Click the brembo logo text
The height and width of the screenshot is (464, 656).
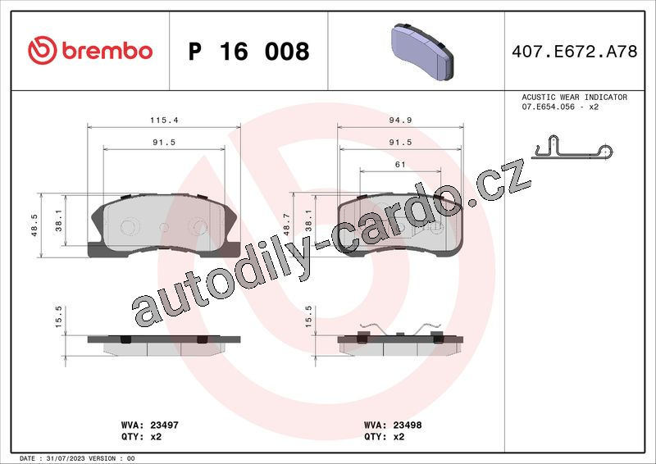(107, 51)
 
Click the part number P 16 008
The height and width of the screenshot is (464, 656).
(248, 51)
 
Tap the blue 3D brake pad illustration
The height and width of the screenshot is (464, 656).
(422, 52)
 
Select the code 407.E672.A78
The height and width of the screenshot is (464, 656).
(575, 51)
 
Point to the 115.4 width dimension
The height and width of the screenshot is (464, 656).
(164, 120)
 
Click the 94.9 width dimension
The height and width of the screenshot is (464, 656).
(400, 120)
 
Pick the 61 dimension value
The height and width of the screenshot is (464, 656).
(400, 165)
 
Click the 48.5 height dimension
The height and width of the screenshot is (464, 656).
(34, 225)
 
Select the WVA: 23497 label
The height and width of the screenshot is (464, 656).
(150, 425)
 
